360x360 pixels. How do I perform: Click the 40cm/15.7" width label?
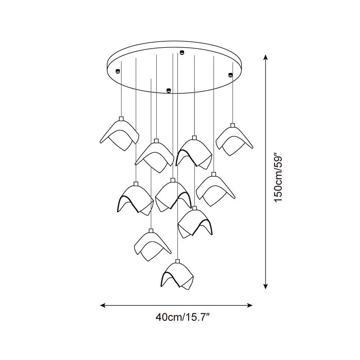click(183, 318)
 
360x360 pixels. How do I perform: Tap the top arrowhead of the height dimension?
click(265, 58)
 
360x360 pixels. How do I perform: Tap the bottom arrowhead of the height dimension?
click(265, 286)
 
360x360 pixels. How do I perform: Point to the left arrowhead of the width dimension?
click(103, 305)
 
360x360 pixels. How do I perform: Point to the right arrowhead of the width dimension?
click(250, 305)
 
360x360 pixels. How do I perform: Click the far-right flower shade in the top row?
click(234, 141)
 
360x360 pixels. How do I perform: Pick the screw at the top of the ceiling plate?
click(182, 52)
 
